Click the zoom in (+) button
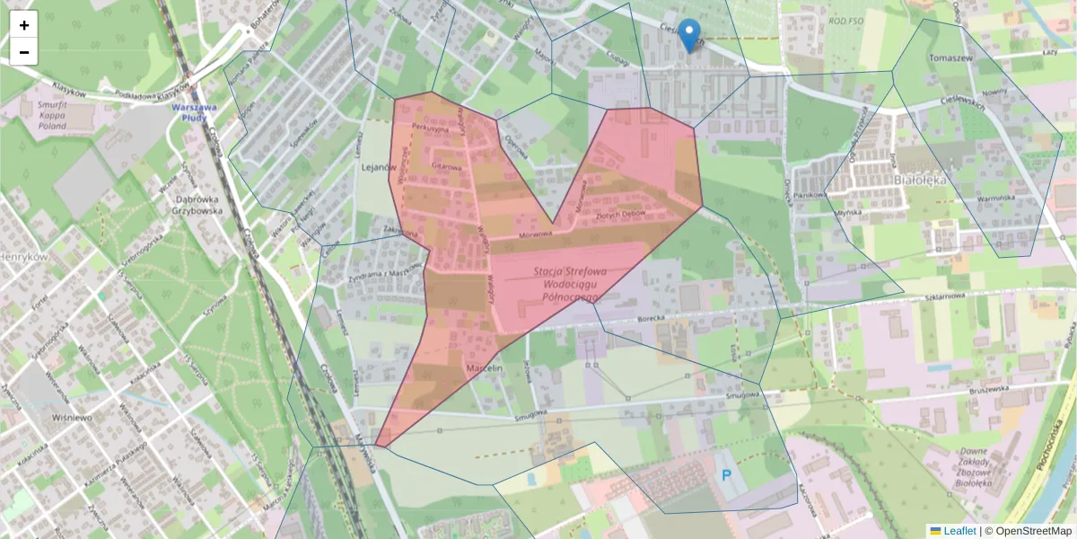point(24,25)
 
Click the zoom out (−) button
point(24,52)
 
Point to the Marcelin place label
point(483,368)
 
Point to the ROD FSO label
point(845,21)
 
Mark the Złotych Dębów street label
point(621,216)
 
